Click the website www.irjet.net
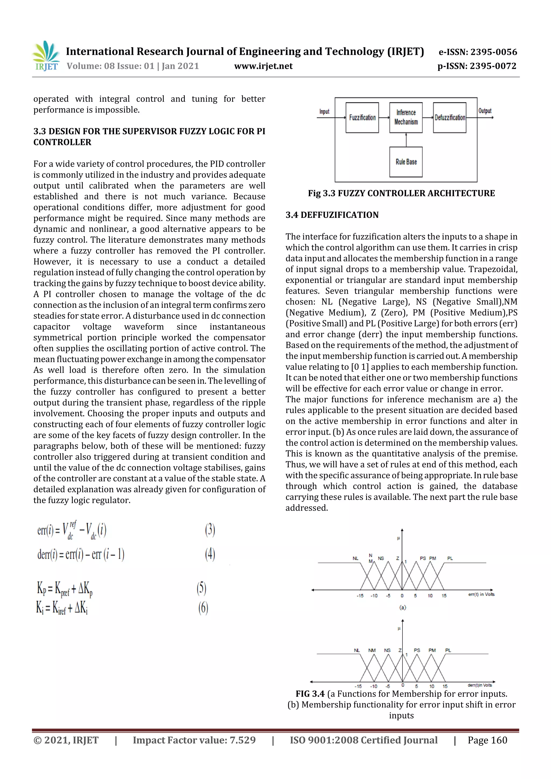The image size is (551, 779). pyautogui.click(x=263, y=66)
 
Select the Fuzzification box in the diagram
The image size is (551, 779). pyautogui.click(x=362, y=118)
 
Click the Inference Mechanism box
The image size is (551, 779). pyautogui.click(x=406, y=118)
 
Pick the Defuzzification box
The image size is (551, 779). pyautogui.click(x=450, y=118)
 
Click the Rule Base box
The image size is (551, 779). pyautogui.click(x=406, y=162)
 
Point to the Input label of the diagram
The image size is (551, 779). pyautogui.click(x=324, y=112)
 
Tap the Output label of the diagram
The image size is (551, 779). pyautogui.click(x=485, y=111)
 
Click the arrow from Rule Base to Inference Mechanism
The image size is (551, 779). pyautogui.click(x=406, y=140)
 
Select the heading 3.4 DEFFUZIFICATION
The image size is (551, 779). pyautogui.click(x=332, y=215)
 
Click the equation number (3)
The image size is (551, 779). pyautogui.click(x=210, y=530)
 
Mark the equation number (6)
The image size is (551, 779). pyautogui.click(x=203, y=608)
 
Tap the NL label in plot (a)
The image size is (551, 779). pyautogui.click(x=355, y=558)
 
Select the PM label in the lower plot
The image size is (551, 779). pyautogui.click(x=432, y=650)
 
